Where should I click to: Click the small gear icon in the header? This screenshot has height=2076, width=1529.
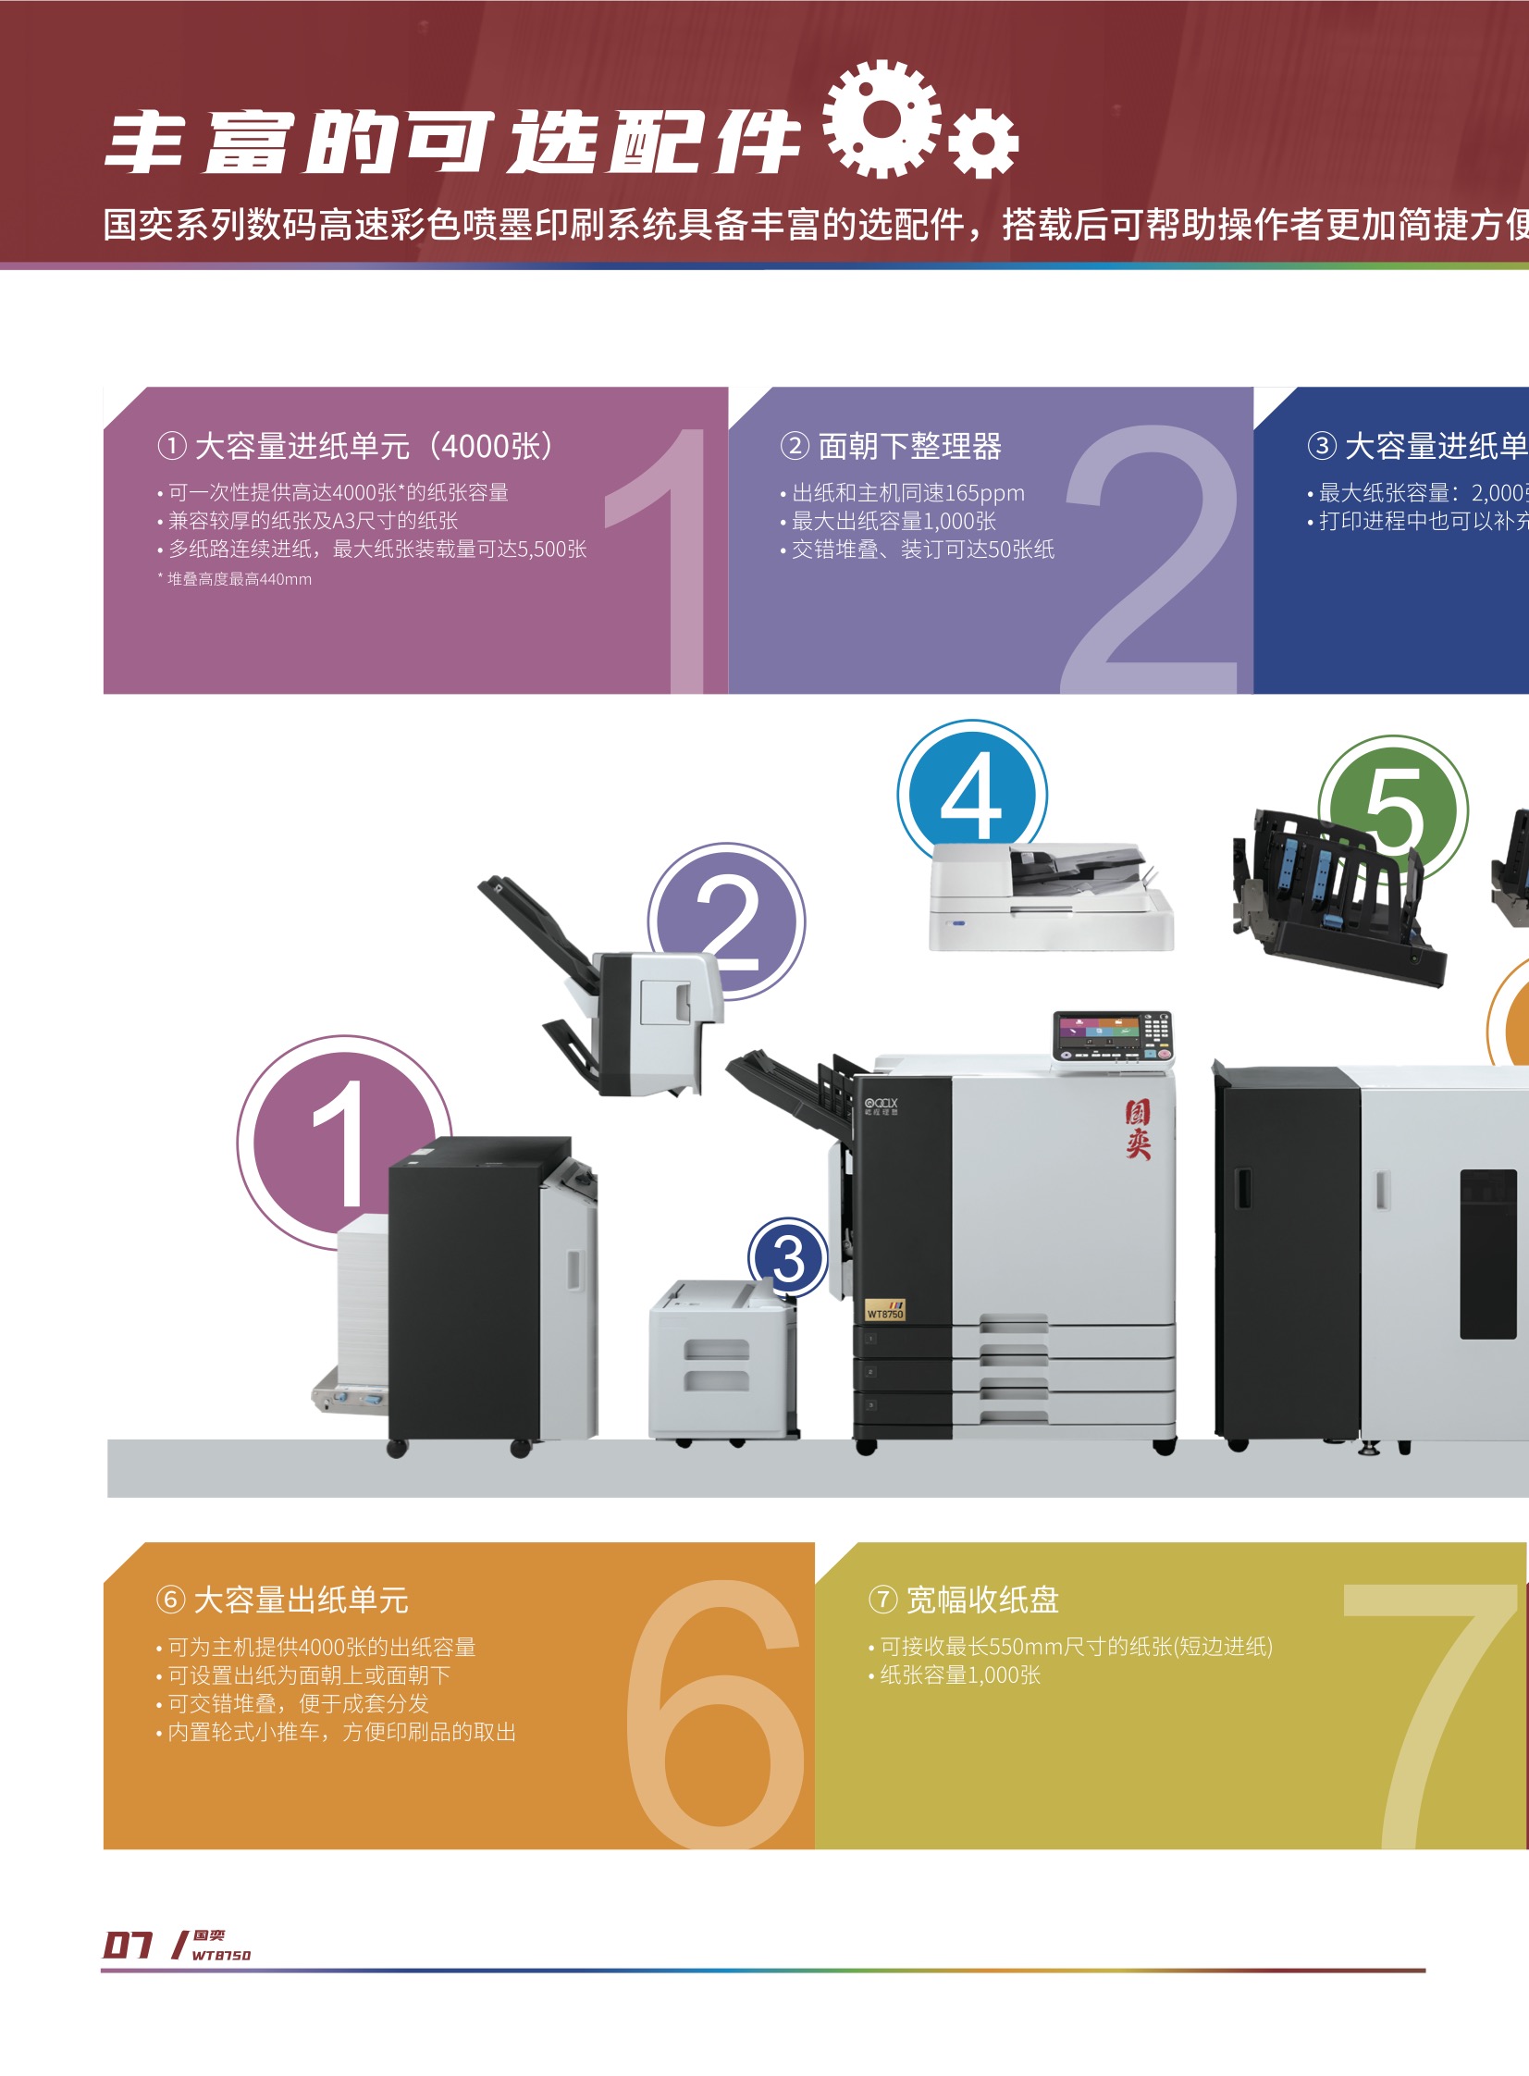pos(983,142)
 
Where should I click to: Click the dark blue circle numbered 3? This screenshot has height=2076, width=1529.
pos(788,1258)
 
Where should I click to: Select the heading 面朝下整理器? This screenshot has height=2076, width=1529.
pos(909,446)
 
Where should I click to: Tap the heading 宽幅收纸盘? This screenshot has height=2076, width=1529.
pos(981,1600)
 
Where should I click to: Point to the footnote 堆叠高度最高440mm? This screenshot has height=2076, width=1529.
pos(239,579)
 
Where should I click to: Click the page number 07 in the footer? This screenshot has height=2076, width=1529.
pos(127,1944)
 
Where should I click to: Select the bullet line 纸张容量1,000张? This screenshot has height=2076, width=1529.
pos(960,1675)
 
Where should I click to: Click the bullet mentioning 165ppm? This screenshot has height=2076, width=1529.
pos(907,493)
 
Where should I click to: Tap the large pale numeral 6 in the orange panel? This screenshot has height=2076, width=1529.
pos(714,1712)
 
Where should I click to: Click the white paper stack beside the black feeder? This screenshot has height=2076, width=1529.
pos(363,1305)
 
